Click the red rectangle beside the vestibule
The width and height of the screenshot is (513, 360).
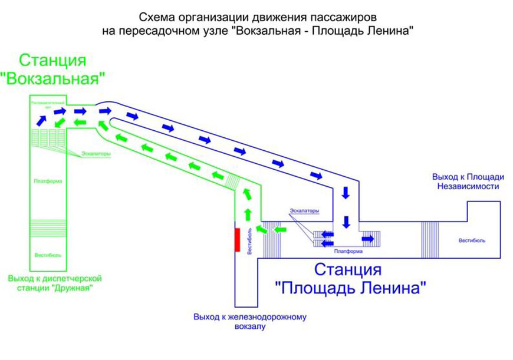[x=237, y=239]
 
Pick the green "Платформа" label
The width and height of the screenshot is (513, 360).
[x=48, y=181]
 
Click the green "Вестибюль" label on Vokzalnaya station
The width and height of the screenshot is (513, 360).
[x=48, y=255]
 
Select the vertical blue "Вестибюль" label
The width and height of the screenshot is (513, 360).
[x=250, y=242]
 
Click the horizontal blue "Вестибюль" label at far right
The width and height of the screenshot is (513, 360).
[x=472, y=240]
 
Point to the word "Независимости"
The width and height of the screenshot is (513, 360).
[x=468, y=186]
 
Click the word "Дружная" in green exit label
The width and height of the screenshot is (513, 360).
[x=73, y=288]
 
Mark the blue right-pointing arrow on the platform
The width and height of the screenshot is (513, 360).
[x=368, y=239]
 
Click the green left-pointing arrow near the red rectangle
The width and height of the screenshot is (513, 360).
[x=281, y=229]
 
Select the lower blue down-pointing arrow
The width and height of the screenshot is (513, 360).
[x=347, y=222]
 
